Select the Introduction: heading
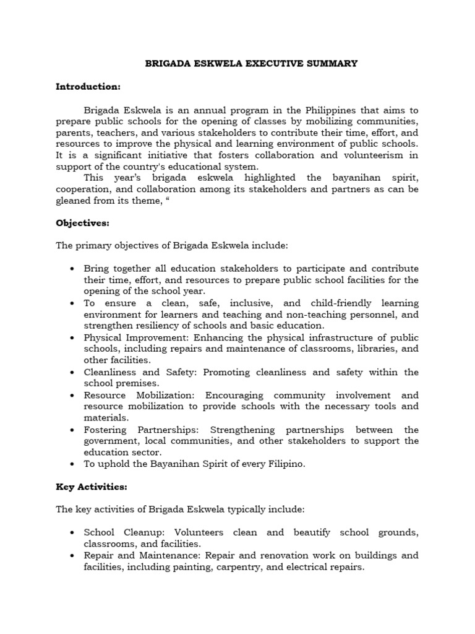[x=88, y=87]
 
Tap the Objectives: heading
[x=82, y=222]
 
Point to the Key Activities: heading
[x=91, y=487]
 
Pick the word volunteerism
[x=377, y=155]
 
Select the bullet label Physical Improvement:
[x=137, y=337]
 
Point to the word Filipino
[x=283, y=464]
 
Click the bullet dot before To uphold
[x=72, y=464]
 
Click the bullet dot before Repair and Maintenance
[x=72, y=555]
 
